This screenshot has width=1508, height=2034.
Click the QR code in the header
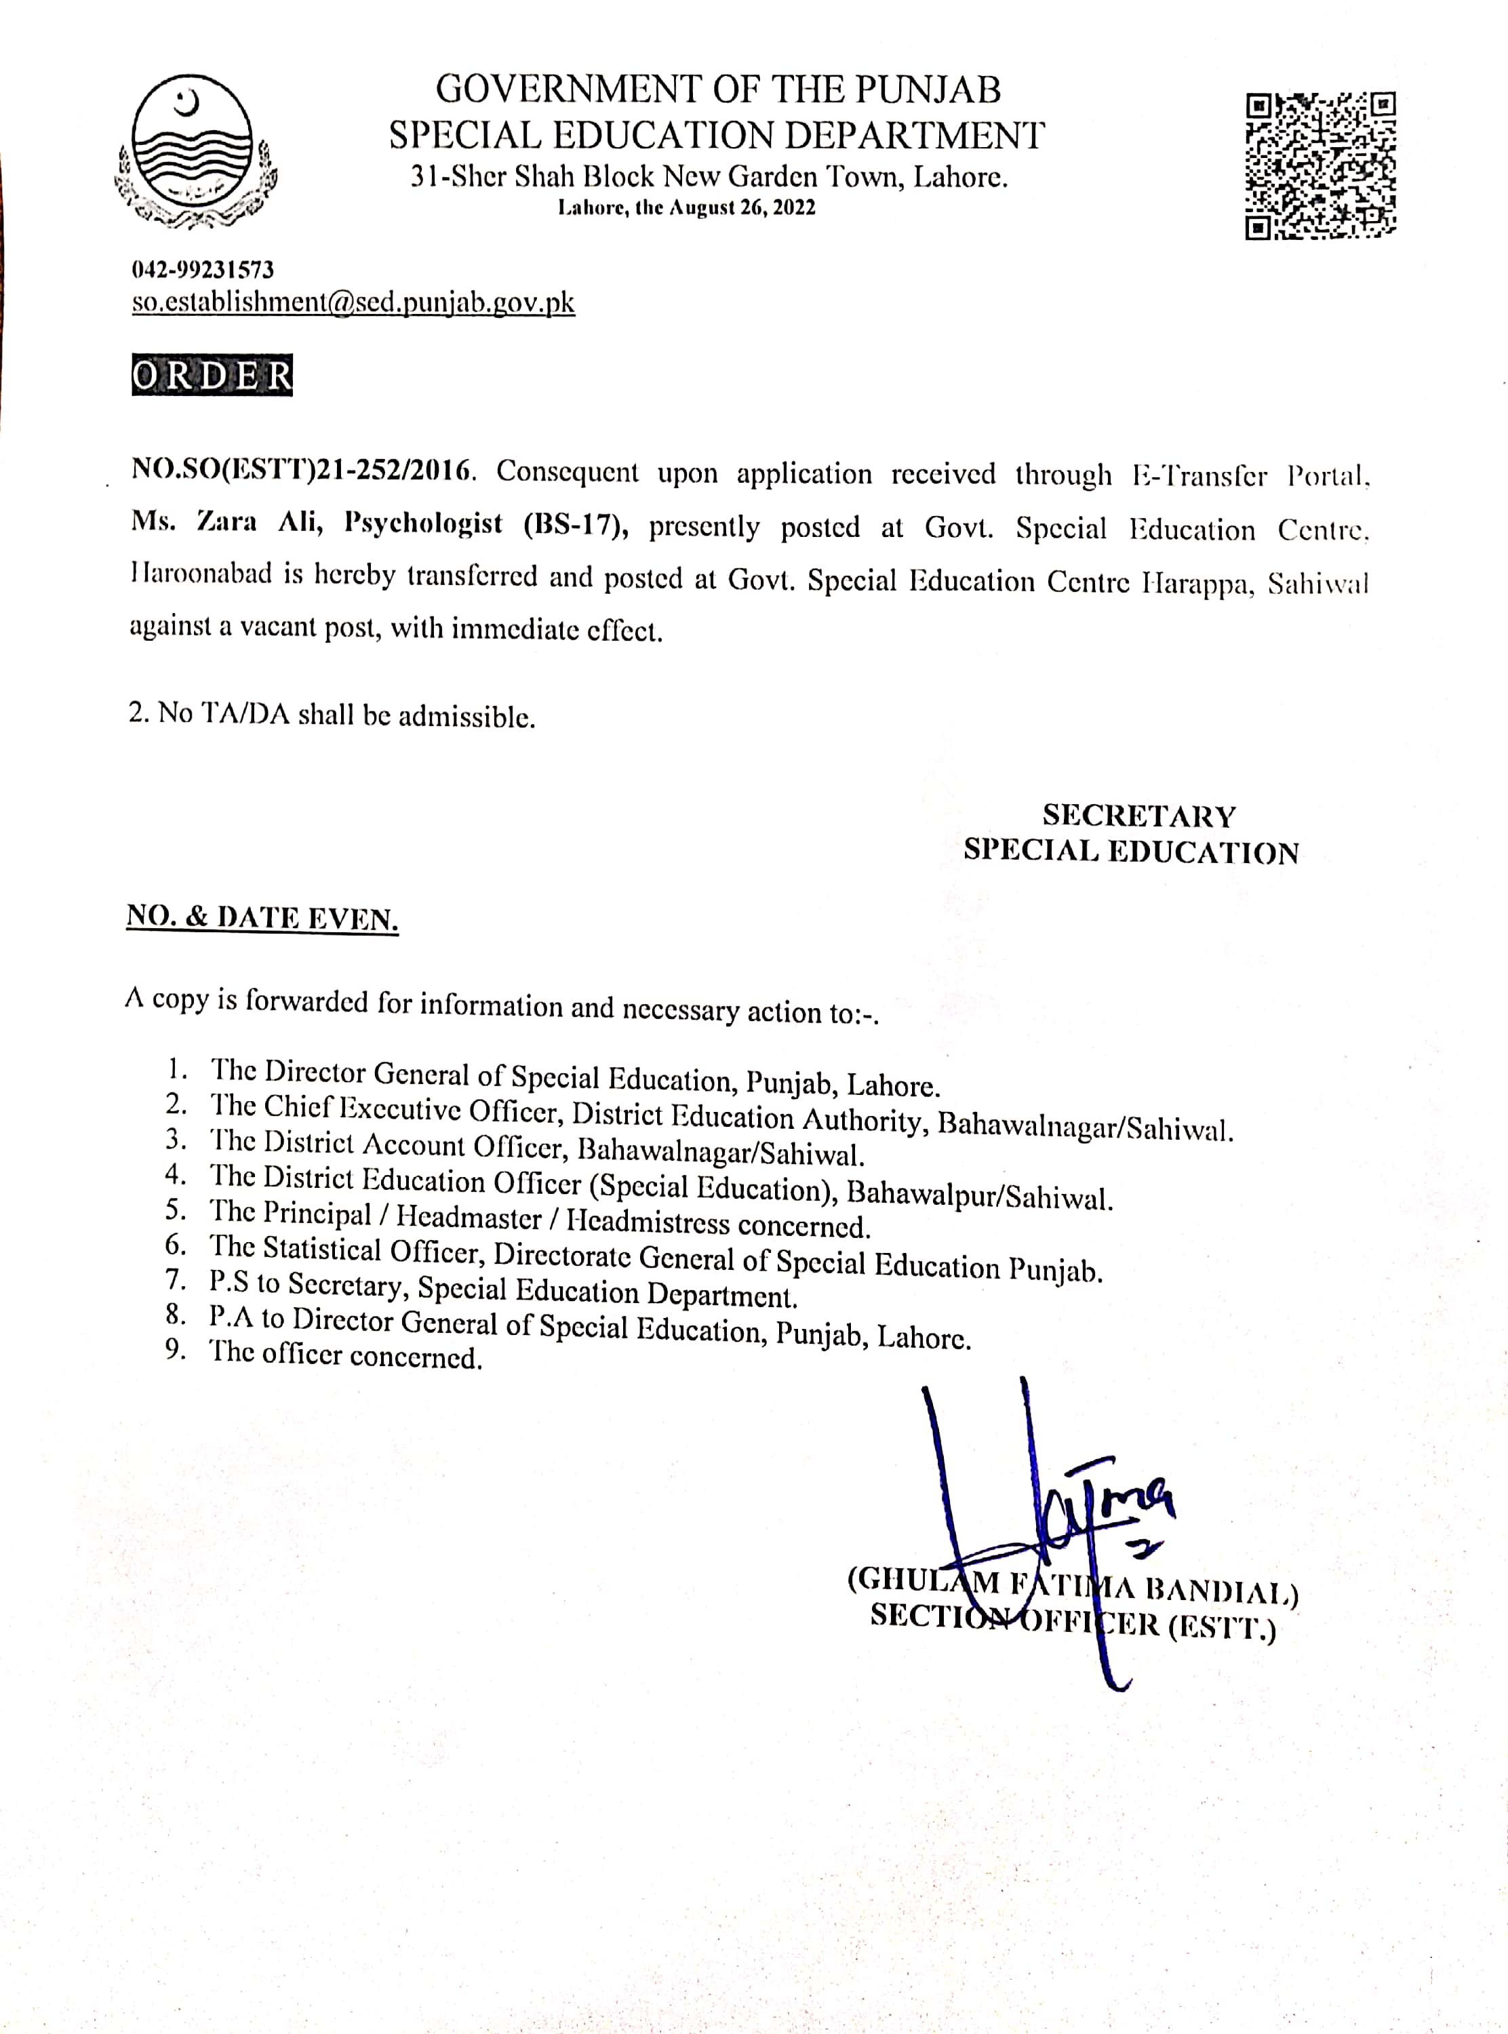1320,165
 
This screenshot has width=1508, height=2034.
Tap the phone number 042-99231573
203,270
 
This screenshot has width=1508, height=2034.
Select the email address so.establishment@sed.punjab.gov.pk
353,303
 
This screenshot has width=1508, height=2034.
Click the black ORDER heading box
212,375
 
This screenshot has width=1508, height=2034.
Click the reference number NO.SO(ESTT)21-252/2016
303,471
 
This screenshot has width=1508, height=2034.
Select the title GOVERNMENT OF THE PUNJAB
717,89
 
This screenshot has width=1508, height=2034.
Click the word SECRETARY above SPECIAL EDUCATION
1138,815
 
